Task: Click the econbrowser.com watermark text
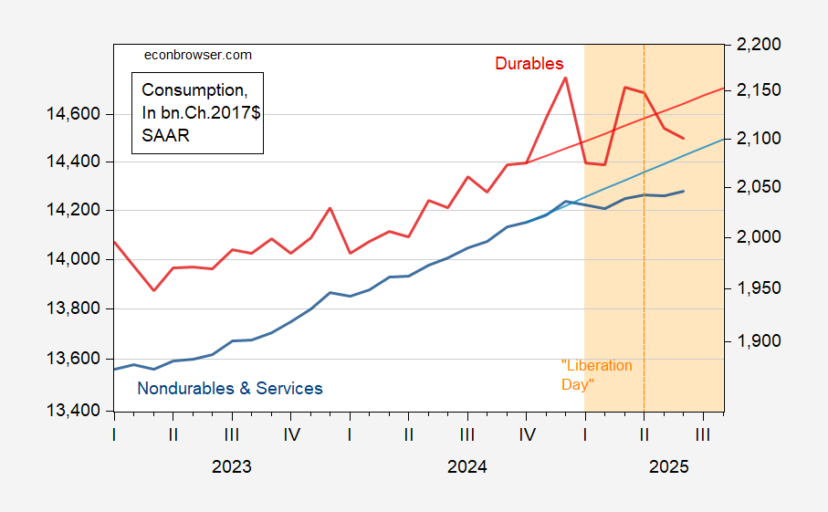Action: [199, 55]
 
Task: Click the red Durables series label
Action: [529, 64]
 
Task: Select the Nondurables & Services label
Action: [230, 389]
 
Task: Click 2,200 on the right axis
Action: [752, 45]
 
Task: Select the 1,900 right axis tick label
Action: [752, 341]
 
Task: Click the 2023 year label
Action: [232, 467]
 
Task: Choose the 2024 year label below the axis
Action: [467, 467]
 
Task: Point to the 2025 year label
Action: [669, 467]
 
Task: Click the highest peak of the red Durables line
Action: [565, 78]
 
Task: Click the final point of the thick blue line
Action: [684, 191]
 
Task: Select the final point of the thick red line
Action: [684, 139]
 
